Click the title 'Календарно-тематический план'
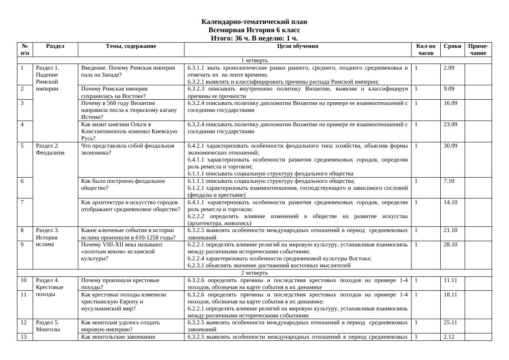[254, 22]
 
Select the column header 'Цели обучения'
[298, 46]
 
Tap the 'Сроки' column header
[452, 46]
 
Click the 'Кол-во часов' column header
[425, 49]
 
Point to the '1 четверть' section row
[254, 60]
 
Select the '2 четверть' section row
[254, 273]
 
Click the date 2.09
[449, 68]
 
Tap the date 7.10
[449, 181]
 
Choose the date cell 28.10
[450, 245]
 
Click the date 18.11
[450, 295]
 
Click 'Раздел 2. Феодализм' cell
[50, 149]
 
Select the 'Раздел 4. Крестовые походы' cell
[50, 288]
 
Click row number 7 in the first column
[22, 202]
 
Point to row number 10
[23, 280]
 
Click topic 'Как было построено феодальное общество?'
[123, 185]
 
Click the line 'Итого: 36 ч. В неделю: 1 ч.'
[254, 38]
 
